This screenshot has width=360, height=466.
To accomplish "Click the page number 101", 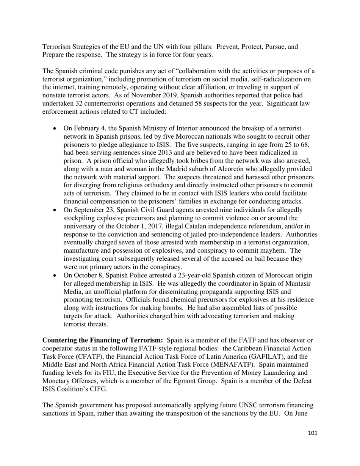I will [x=313, y=433].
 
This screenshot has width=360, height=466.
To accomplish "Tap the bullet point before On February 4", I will [x=55, y=129].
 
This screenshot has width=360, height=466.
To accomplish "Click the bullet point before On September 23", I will [x=55, y=210].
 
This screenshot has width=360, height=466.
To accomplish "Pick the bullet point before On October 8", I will [x=55, y=275].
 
